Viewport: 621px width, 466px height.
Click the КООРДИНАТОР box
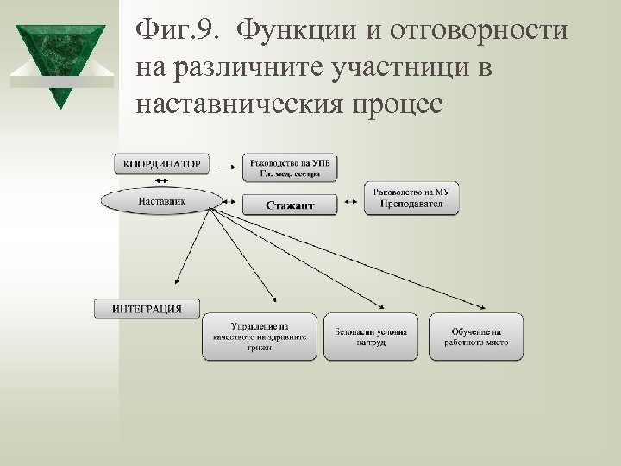162,163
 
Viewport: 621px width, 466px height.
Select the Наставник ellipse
155,201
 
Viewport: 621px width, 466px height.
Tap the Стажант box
290,205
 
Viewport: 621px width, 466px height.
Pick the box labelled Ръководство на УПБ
290,167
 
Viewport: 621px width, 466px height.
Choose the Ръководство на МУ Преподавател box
411,198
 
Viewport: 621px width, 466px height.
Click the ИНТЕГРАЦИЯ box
147,309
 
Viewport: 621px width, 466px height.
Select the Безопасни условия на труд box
371,337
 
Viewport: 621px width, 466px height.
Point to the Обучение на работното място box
476,337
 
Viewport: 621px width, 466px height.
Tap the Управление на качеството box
260,337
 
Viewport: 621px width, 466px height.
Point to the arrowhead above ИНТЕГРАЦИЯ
176,280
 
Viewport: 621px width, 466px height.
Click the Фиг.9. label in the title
181,32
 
